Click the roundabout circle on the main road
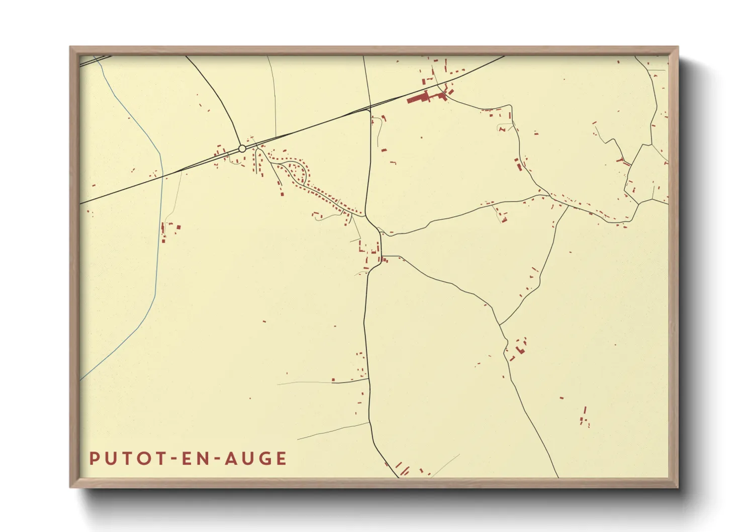click(x=242, y=148)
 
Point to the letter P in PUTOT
click(x=94, y=459)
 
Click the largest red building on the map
click(x=420, y=98)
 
